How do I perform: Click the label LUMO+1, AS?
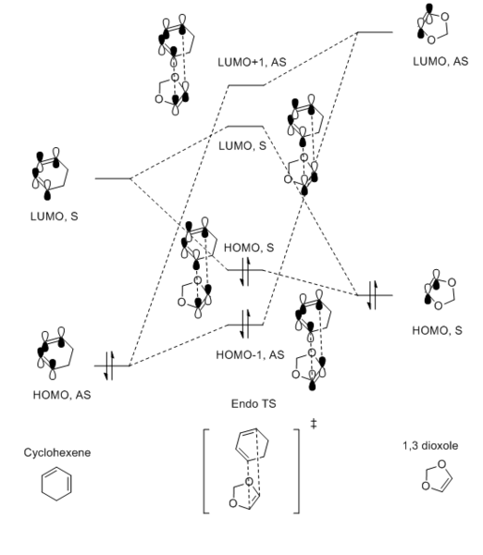[x=252, y=62]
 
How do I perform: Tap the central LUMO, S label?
[x=242, y=146]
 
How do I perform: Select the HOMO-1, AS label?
[x=250, y=354]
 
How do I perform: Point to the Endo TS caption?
[x=254, y=404]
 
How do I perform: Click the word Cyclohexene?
[x=57, y=452]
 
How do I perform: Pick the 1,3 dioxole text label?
[x=430, y=446]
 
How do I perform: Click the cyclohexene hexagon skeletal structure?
[x=56, y=484]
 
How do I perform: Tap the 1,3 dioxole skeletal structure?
[x=437, y=476]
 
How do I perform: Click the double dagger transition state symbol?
[x=314, y=424]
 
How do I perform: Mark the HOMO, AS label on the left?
[x=62, y=395]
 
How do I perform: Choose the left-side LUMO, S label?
[x=55, y=216]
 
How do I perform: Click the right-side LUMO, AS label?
[x=440, y=62]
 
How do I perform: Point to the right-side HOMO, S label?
[x=437, y=330]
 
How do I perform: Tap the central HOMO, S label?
[x=249, y=248]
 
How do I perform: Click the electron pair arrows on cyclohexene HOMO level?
[x=109, y=365]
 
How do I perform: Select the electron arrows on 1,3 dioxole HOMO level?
[x=373, y=295]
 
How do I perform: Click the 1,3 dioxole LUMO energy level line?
[x=375, y=32]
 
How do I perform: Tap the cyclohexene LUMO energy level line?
[x=113, y=179]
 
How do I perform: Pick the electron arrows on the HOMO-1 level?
[x=245, y=325]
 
